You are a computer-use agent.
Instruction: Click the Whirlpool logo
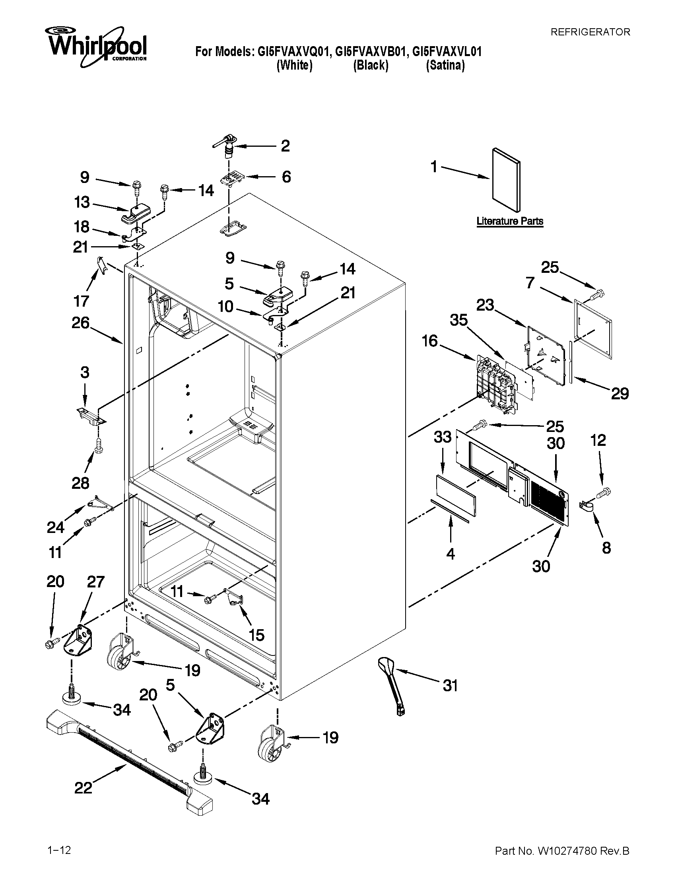[96, 46]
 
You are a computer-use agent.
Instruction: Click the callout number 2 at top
[285, 146]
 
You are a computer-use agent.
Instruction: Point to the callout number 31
[450, 686]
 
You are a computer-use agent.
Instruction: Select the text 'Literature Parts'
[509, 221]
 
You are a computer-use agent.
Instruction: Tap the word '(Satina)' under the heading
[445, 65]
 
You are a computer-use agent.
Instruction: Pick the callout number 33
[443, 437]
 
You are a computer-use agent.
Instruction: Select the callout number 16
[430, 341]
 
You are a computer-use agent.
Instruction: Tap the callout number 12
[598, 441]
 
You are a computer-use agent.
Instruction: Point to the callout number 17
[81, 300]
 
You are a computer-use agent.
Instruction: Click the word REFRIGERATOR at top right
[590, 32]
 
